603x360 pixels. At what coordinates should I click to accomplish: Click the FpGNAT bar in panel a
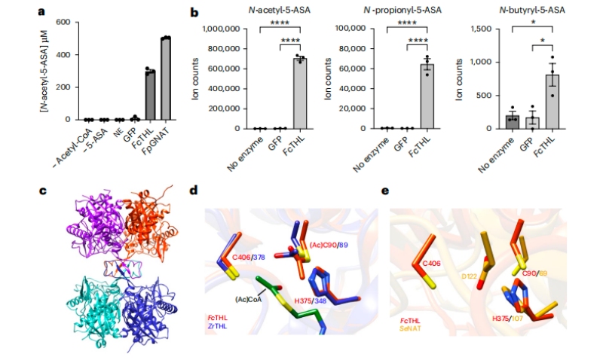166,78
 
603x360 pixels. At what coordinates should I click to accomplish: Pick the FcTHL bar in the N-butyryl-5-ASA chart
552,102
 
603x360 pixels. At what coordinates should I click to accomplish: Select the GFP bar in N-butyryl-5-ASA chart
531,123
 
